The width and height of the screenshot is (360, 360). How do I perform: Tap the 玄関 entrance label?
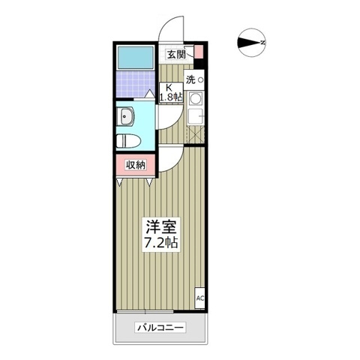(x=178, y=53)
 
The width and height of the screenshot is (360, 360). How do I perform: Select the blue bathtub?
(x=136, y=58)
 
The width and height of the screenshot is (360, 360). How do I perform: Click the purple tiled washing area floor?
(x=136, y=87)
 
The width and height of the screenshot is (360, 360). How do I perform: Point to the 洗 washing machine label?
(x=190, y=79)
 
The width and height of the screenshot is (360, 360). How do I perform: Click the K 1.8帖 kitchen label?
(x=171, y=91)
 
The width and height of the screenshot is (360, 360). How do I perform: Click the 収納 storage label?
(x=135, y=165)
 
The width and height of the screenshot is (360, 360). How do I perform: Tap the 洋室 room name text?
(x=160, y=226)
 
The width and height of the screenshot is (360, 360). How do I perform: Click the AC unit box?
(x=200, y=298)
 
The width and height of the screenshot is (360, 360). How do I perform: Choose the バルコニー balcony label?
(x=160, y=328)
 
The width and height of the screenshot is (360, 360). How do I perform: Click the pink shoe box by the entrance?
(x=199, y=52)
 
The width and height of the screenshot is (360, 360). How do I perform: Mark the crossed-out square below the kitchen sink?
(x=196, y=133)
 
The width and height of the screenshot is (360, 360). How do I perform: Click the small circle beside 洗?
(x=201, y=79)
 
